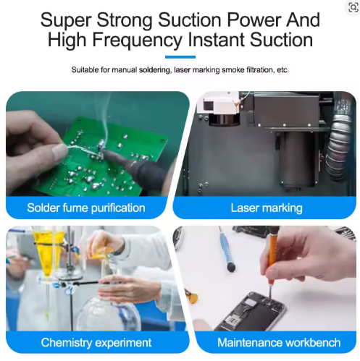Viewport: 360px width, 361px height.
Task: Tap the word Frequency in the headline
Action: (138, 40)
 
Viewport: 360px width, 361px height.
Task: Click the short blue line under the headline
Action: (180, 57)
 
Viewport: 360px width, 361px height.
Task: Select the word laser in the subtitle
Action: (183, 70)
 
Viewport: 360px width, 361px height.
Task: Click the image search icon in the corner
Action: (353, 7)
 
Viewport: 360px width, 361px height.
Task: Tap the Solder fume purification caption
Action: (86, 208)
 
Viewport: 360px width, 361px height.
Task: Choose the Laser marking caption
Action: (267, 208)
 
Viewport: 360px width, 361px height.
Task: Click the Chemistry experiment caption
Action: (96, 342)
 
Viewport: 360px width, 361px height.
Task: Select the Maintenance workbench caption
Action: (279, 342)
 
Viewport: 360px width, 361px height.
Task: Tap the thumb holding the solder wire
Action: (59, 152)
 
